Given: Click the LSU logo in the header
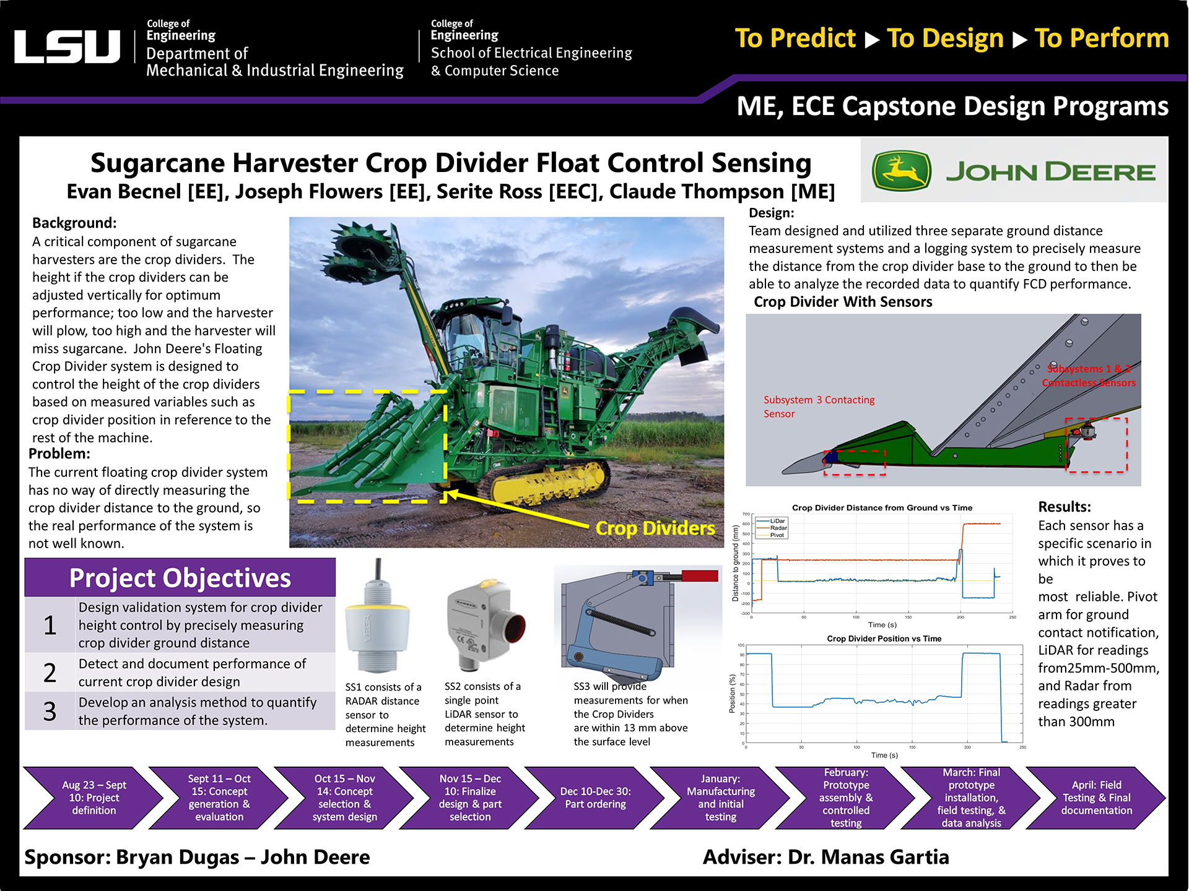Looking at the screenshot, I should click(67, 46).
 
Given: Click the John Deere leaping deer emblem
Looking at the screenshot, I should click(901, 171).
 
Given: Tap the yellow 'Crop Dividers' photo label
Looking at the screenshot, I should click(655, 528).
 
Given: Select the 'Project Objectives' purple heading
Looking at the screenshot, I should click(180, 578).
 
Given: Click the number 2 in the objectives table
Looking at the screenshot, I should click(50, 673).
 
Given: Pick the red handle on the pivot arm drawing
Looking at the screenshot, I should click(699, 576).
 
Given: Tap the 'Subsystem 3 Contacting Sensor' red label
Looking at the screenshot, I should click(819, 407).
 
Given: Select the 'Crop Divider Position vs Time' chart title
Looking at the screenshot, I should click(884, 639).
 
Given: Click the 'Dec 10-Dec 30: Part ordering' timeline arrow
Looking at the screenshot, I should click(595, 798).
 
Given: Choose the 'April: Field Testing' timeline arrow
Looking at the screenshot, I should click(1096, 798).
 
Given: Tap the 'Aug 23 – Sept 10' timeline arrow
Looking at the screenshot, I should click(94, 798).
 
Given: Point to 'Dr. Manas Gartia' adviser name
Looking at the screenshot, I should click(868, 857).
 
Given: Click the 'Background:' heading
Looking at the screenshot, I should click(74, 223).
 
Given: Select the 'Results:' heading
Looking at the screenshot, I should click(1065, 507).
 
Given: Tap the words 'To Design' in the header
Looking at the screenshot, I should click(945, 38).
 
